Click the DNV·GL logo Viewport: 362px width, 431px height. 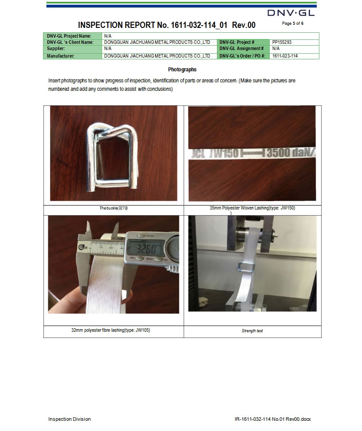pos(291,13)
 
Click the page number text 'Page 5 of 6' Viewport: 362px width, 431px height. pos(293,23)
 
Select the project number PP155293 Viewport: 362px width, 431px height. pos(282,43)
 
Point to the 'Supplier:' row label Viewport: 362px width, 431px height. pos(56,49)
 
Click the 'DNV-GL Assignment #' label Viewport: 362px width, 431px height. pos(241,49)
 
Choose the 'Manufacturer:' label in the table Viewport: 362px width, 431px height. pos(61,56)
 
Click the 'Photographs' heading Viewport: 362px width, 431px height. pos(182,70)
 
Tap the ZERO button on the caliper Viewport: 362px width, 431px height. pos(150,259)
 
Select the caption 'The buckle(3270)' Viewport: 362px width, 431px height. pos(114,208)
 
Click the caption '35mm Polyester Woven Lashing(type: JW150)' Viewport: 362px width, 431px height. pos(252,208)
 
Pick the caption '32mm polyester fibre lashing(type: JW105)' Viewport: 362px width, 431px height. pos(110,330)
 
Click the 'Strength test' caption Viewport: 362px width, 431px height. pos(252,331)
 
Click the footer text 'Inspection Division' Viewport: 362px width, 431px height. pos(69,419)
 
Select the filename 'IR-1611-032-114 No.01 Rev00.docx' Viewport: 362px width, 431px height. pos(272,419)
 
